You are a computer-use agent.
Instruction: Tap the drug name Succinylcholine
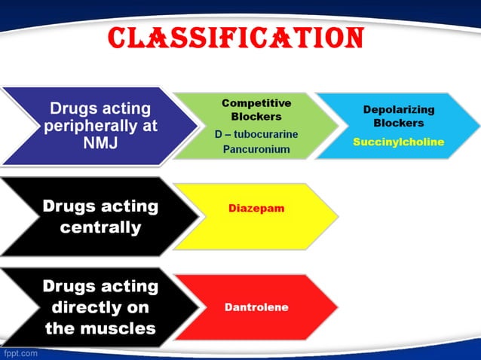click(398, 142)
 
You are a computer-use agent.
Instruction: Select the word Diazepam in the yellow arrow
click(256, 208)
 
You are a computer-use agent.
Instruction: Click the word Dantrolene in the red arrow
click(256, 307)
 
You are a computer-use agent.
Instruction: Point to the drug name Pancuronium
click(256, 149)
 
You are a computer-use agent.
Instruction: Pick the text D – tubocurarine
click(256, 134)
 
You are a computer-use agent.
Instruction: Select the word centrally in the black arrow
click(100, 227)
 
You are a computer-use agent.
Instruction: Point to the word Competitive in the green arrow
click(256, 102)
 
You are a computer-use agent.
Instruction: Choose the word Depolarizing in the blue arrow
click(399, 109)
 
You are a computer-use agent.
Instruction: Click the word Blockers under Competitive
click(256, 117)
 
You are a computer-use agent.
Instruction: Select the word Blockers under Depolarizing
click(399, 123)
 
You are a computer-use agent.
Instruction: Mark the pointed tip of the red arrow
click(336, 307)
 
